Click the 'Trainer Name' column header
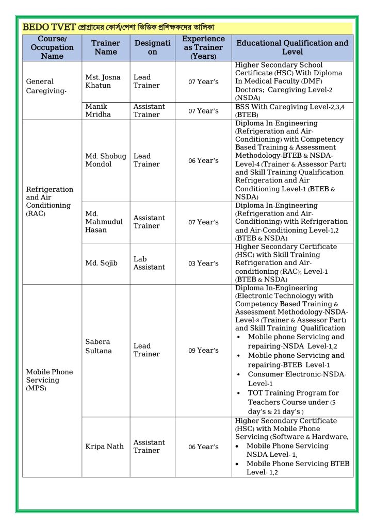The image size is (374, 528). [105, 47]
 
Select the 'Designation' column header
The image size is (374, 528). [152, 47]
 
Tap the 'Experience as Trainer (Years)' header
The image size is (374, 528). [203, 47]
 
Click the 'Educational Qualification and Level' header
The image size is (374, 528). [292, 47]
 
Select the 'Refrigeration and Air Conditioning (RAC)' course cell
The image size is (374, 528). [50, 201]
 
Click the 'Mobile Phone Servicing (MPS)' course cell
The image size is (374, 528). [50, 380]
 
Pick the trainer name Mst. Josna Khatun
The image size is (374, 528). [103, 81]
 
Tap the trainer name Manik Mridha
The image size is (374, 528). [98, 110]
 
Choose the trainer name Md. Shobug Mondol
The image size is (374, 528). [105, 160]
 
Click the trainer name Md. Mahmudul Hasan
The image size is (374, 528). [104, 222]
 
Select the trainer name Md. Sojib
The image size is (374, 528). [101, 263]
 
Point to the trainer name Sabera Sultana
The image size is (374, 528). [98, 346]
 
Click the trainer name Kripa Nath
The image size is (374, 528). [104, 446]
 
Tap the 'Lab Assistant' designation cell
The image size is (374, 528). [149, 263]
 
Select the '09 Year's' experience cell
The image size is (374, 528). [203, 350]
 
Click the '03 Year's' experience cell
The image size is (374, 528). [203, 263]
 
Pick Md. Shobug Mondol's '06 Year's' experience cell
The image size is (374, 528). [203, 160]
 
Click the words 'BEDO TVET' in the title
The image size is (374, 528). [50, 26]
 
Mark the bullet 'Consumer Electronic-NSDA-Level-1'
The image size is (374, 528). [297, 378]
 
